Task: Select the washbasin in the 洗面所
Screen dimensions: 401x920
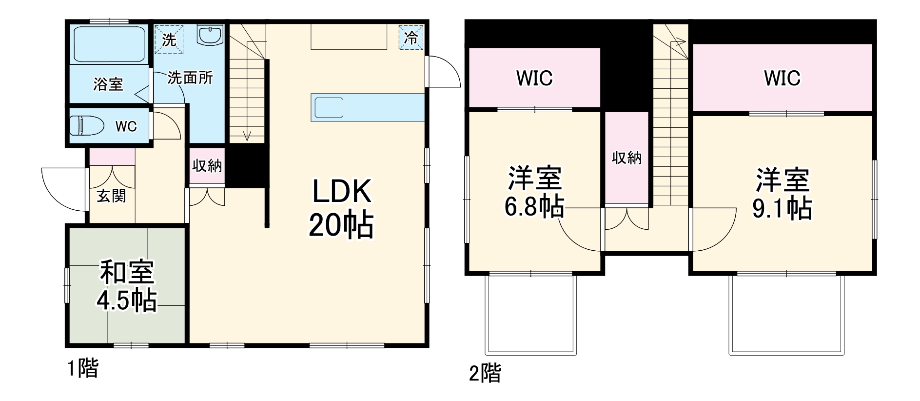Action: coord(210,35)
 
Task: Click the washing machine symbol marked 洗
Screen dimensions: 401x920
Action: coord(169,39)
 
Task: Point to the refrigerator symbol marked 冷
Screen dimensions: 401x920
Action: coord(411,37)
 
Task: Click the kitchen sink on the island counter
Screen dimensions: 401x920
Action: coord(329,107)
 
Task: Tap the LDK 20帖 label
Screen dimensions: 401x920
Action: coord(341,208)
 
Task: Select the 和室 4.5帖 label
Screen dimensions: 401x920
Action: coord(127,286)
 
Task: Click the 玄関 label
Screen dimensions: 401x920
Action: coord(111,196)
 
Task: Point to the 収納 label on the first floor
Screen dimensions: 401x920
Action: coord(207,166)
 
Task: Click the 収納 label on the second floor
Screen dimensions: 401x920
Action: coord(626,158)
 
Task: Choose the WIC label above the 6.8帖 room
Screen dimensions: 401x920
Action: coord(534,78)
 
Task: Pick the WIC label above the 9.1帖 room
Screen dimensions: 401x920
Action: coord(782,78)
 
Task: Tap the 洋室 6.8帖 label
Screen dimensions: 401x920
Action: coord(534,193)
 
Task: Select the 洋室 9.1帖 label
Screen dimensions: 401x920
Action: coord(782,194)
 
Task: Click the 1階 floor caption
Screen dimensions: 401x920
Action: coord(82,368)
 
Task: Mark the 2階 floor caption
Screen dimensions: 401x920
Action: coord(485,374)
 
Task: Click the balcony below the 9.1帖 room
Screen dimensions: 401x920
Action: coord(786,315)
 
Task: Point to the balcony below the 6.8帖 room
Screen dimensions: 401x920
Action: coord(531,315)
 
